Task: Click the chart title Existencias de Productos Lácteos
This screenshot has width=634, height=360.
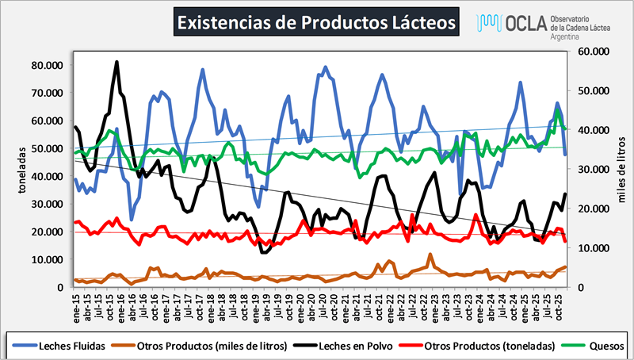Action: click(315, 23)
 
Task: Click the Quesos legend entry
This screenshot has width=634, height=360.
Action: click(606, 346)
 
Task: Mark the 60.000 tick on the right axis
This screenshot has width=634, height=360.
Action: click(586, 52)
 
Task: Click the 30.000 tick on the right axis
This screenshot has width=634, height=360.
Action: click(586, 169)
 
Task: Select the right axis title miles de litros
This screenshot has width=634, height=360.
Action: click(621, 168)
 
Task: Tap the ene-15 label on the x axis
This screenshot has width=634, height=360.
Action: click(76, 301)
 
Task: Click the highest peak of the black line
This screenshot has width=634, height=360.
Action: click(117, 61)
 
